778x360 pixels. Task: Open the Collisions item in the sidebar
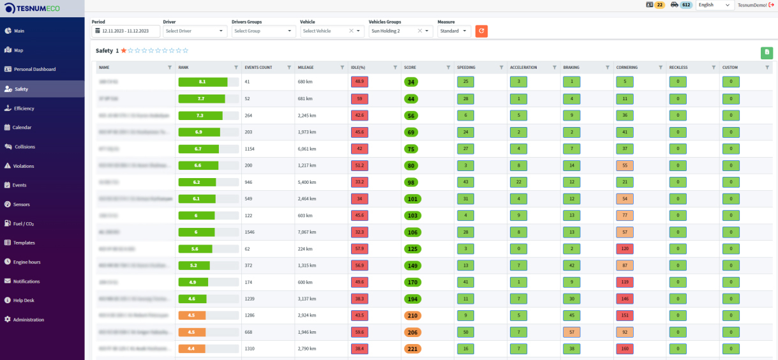pyautogui.click(x=24, y=147)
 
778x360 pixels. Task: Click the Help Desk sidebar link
pyautogui.click(x=24, y=300)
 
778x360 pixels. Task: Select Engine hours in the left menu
pyautogui.click(x=26, y=262)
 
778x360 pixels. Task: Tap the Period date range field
pyautogui.click(x=125, y=31)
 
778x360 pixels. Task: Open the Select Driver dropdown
pyautogui.click(x=195, y=31)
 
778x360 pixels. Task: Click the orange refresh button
pyautogui.click(x=481, y=31)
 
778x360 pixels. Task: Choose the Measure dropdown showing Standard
pyautogui.click(x=454, y=31)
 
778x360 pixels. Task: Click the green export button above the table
pyautogui.click(x=766, y=53)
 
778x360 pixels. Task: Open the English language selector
pyautogui.click(x=715, y=5)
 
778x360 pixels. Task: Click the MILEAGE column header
pyautogui.click(x=306, y=67)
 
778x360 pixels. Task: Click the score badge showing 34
pyautogui.click(x=410, y=82)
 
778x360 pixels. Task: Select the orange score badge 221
pyautogui.click(x=412, y=349)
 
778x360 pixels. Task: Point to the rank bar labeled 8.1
pyautogui.click(x=203, y=82)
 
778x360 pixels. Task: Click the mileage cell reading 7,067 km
pyautogui.click(x=308, y=232)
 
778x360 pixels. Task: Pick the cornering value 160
pyautogui.click(x=624, y=349)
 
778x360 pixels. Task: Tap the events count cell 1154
pyautogui.click(x=253, y=149)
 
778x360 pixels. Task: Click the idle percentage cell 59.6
pyautogui.click(x=359, y=332)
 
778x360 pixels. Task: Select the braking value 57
pyautogui.click(x=571, y=332)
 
